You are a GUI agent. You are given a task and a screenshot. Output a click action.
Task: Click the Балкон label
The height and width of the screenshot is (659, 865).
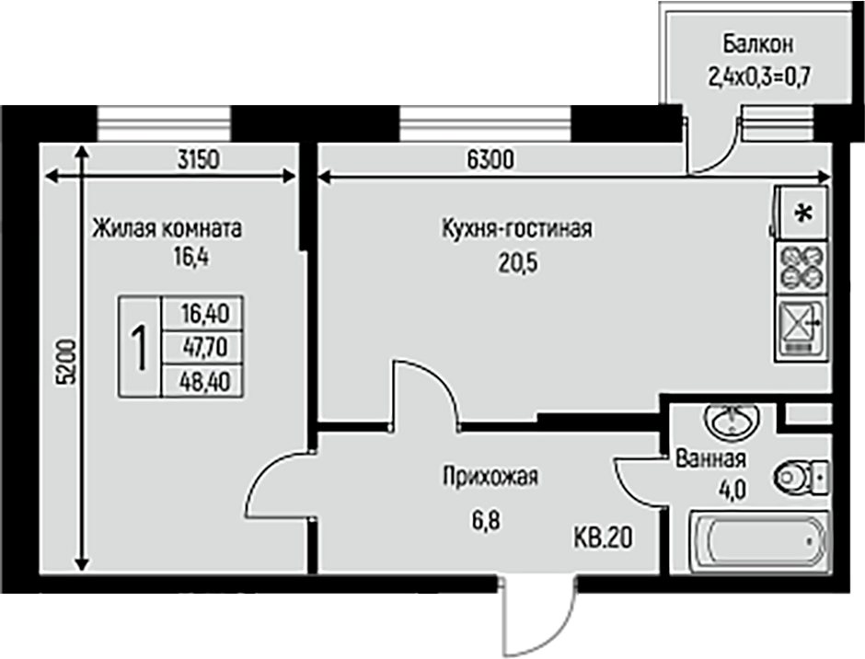point(758,44)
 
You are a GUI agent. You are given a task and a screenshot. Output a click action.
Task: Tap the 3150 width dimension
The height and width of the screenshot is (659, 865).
point(199,159)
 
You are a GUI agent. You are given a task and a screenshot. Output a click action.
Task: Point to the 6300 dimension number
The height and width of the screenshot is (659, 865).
point(490,159)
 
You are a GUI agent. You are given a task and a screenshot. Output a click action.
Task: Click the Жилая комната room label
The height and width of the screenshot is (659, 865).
point(167,228)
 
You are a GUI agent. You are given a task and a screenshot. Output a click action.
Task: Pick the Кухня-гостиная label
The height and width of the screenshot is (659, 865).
point(517,228)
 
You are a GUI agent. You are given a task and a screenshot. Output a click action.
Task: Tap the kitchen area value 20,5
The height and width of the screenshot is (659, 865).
point(518,263)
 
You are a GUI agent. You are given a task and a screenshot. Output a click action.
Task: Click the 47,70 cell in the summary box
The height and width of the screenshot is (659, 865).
point(204,347)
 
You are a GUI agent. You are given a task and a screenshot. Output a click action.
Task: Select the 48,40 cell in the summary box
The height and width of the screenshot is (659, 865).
point(204,381)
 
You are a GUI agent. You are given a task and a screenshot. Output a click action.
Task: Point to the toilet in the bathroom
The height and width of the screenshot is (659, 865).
point(802,477)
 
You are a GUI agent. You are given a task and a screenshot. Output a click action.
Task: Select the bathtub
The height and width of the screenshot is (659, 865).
point(759,542)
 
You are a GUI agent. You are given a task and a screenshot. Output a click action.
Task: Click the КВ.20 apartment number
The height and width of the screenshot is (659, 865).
point(603,538)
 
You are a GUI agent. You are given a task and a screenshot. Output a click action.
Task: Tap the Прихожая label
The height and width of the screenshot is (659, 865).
point(490,477)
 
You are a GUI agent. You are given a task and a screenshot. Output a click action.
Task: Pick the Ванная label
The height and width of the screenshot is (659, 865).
point(710,458)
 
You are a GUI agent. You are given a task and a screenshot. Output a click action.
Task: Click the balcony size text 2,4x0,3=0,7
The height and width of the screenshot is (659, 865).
point(758,77)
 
